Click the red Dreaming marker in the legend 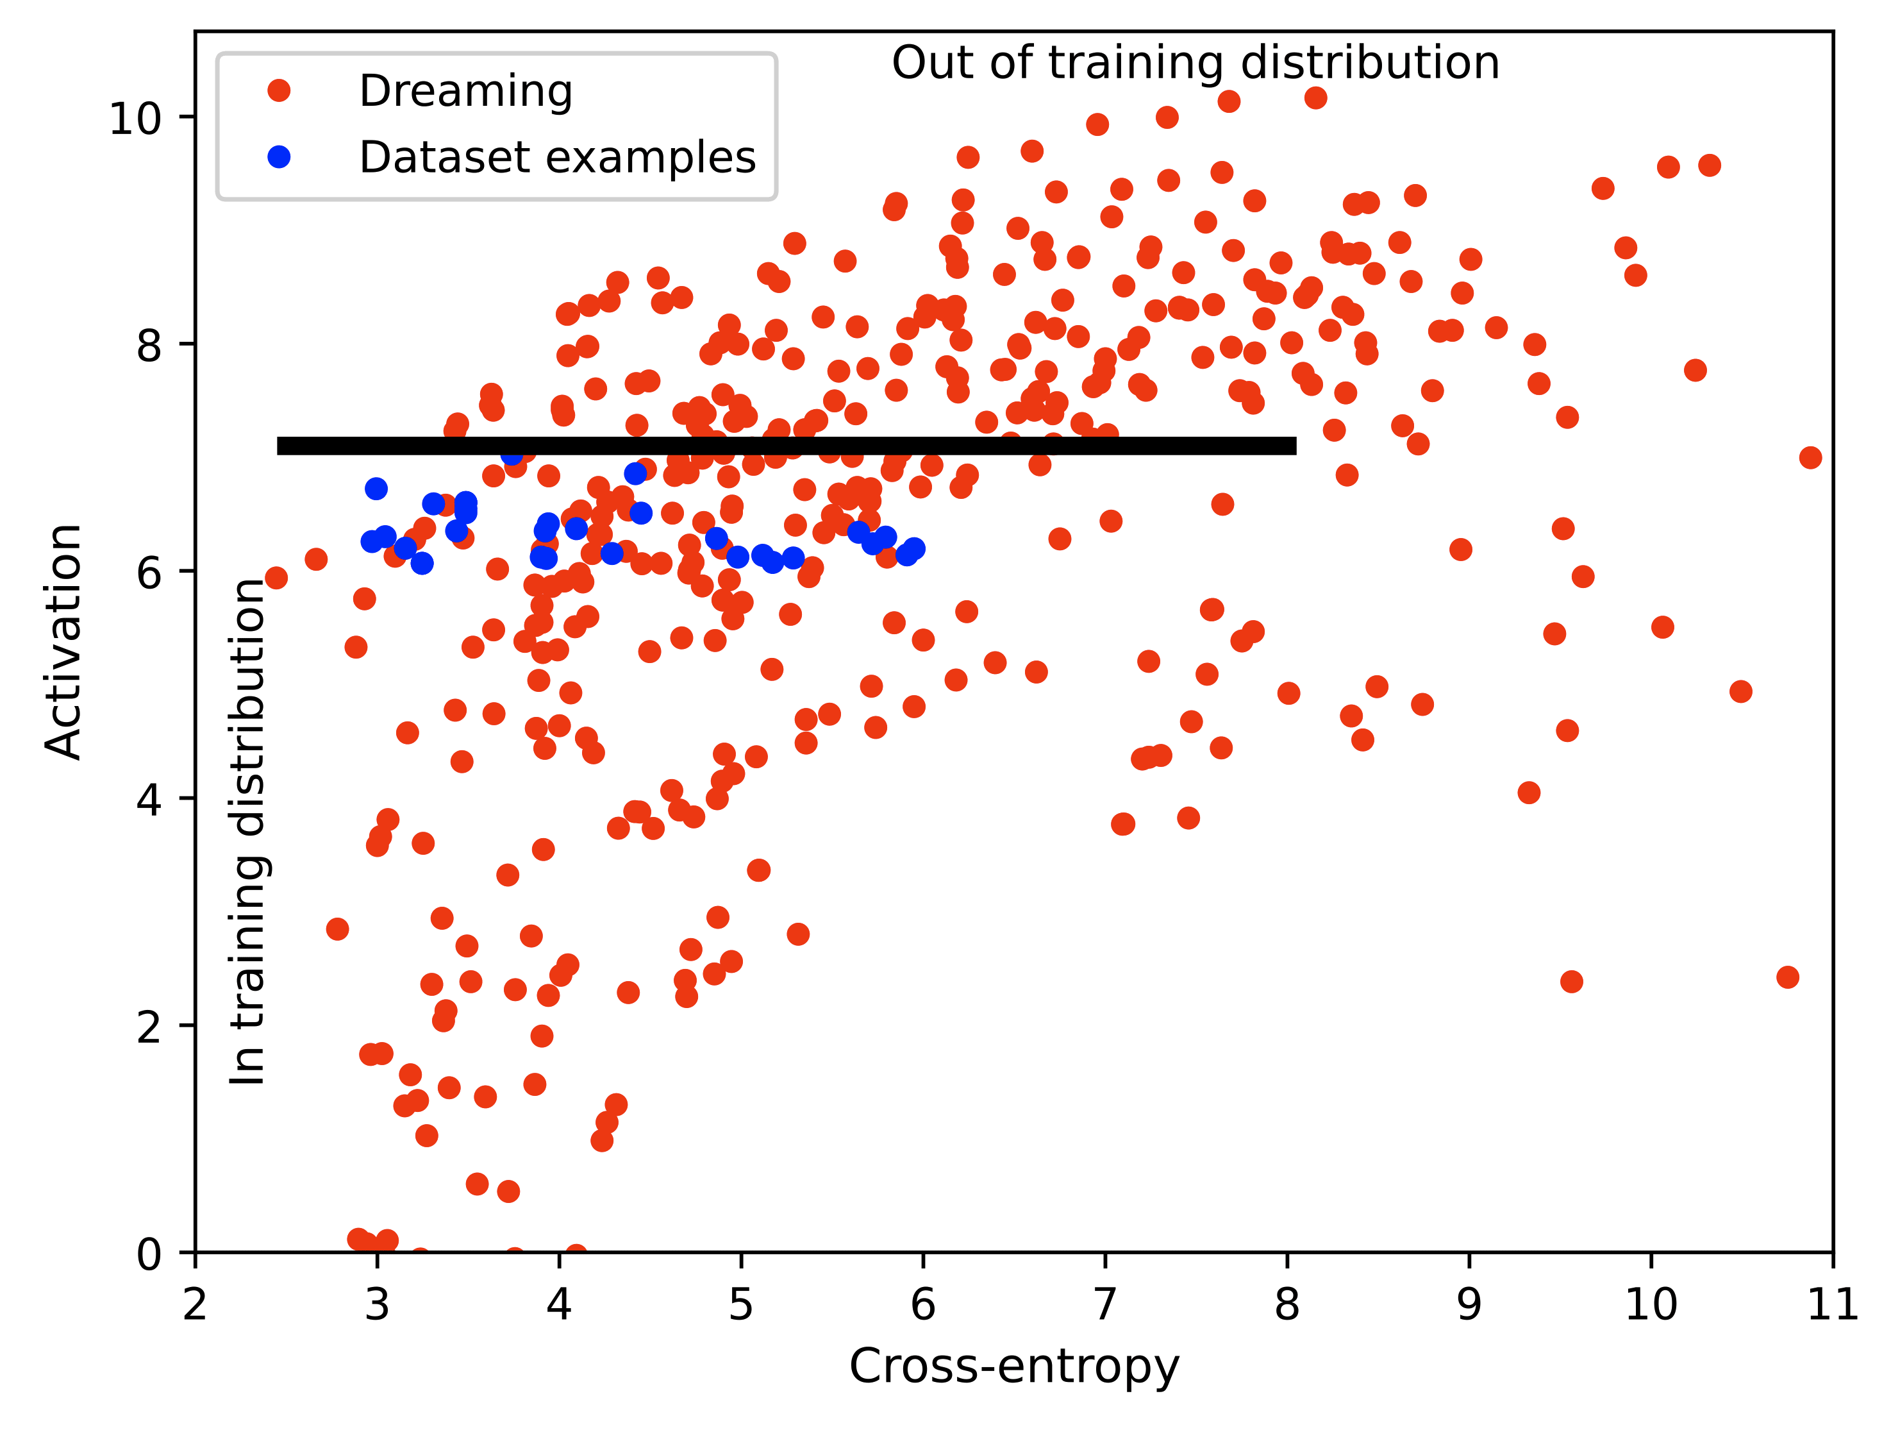tap(279, 90)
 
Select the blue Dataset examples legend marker tap(279, 156)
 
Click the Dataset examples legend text tap(558, 157)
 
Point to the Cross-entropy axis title tap(1014, 1366)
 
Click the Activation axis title tap(63, 641)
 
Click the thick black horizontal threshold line tap(787, 446)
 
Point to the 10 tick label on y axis tap(135, 118)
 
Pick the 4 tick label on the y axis tap(149, 799)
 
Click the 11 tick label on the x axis tap(1832, 1305)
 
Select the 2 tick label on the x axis tap(195, 1305)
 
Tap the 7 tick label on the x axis tap(1105, 1305)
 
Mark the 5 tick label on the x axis tap(741, 1305)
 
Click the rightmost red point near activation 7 tap(1810, 458)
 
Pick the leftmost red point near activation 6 tap(276, 578)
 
